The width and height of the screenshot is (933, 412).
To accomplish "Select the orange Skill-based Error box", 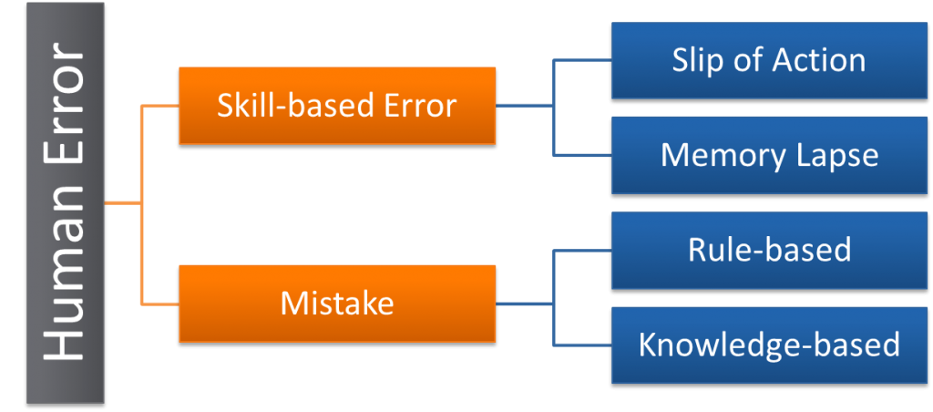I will [x=337, y=106].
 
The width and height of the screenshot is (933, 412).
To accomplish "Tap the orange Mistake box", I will [x=337, y=303].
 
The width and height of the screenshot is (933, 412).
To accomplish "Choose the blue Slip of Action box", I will [x=768, y=60].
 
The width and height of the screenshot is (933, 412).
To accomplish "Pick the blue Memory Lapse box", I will [x=768, y=154].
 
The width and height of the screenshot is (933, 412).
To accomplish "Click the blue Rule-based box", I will [x=768, y=249].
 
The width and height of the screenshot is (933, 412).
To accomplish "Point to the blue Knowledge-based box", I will [x=768, y=344].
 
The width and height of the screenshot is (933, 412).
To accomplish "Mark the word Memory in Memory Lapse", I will [x=714, y=154].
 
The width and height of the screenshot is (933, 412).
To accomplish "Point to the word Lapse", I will [x=834, y=156].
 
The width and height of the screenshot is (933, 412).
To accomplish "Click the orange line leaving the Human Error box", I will [x=122, y=203].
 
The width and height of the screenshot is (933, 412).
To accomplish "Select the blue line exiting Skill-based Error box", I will [x=524, y=106].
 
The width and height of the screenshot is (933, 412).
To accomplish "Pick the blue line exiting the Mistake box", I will [x=524, y=303].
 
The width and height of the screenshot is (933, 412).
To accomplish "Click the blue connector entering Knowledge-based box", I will [x=583, y=345].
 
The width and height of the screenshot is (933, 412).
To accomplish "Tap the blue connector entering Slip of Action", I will [x=583, y=60].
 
